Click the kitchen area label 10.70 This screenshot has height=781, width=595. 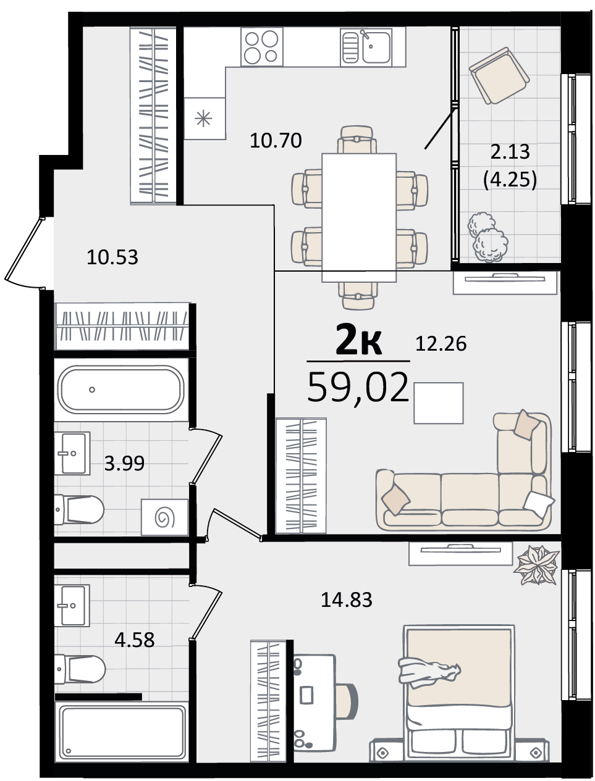[276, 141]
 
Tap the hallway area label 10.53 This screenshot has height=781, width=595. [112, 257]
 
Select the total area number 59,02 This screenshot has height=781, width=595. [358, 388]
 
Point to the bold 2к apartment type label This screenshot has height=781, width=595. [358, 341]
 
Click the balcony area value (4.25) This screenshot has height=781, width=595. [510, 180]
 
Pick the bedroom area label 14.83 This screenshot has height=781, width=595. [347, 599]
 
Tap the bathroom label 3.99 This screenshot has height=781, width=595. [124, 463]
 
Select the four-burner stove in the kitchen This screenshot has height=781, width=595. [262, 47]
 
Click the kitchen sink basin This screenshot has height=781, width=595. [376, 47]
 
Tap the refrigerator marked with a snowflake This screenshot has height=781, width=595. [205, 118]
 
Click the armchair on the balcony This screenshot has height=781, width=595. [499, 75]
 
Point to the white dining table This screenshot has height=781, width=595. [359, 218]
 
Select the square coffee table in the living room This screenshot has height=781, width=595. [438, 403]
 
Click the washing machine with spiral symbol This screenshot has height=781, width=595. [164, 517]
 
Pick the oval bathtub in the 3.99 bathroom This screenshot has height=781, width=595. [121, 390]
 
